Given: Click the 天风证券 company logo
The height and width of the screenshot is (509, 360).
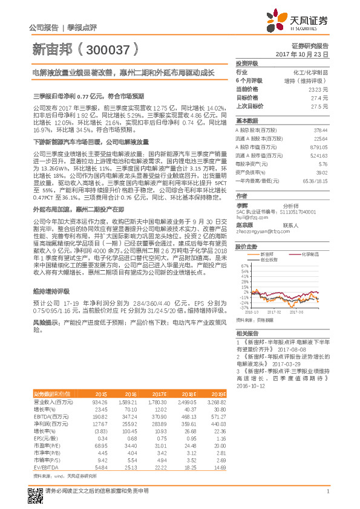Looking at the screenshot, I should pos(298,21).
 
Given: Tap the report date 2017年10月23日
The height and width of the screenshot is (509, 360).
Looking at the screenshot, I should pos(302,54).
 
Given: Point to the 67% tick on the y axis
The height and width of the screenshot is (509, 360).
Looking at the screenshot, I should pos(245,265).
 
